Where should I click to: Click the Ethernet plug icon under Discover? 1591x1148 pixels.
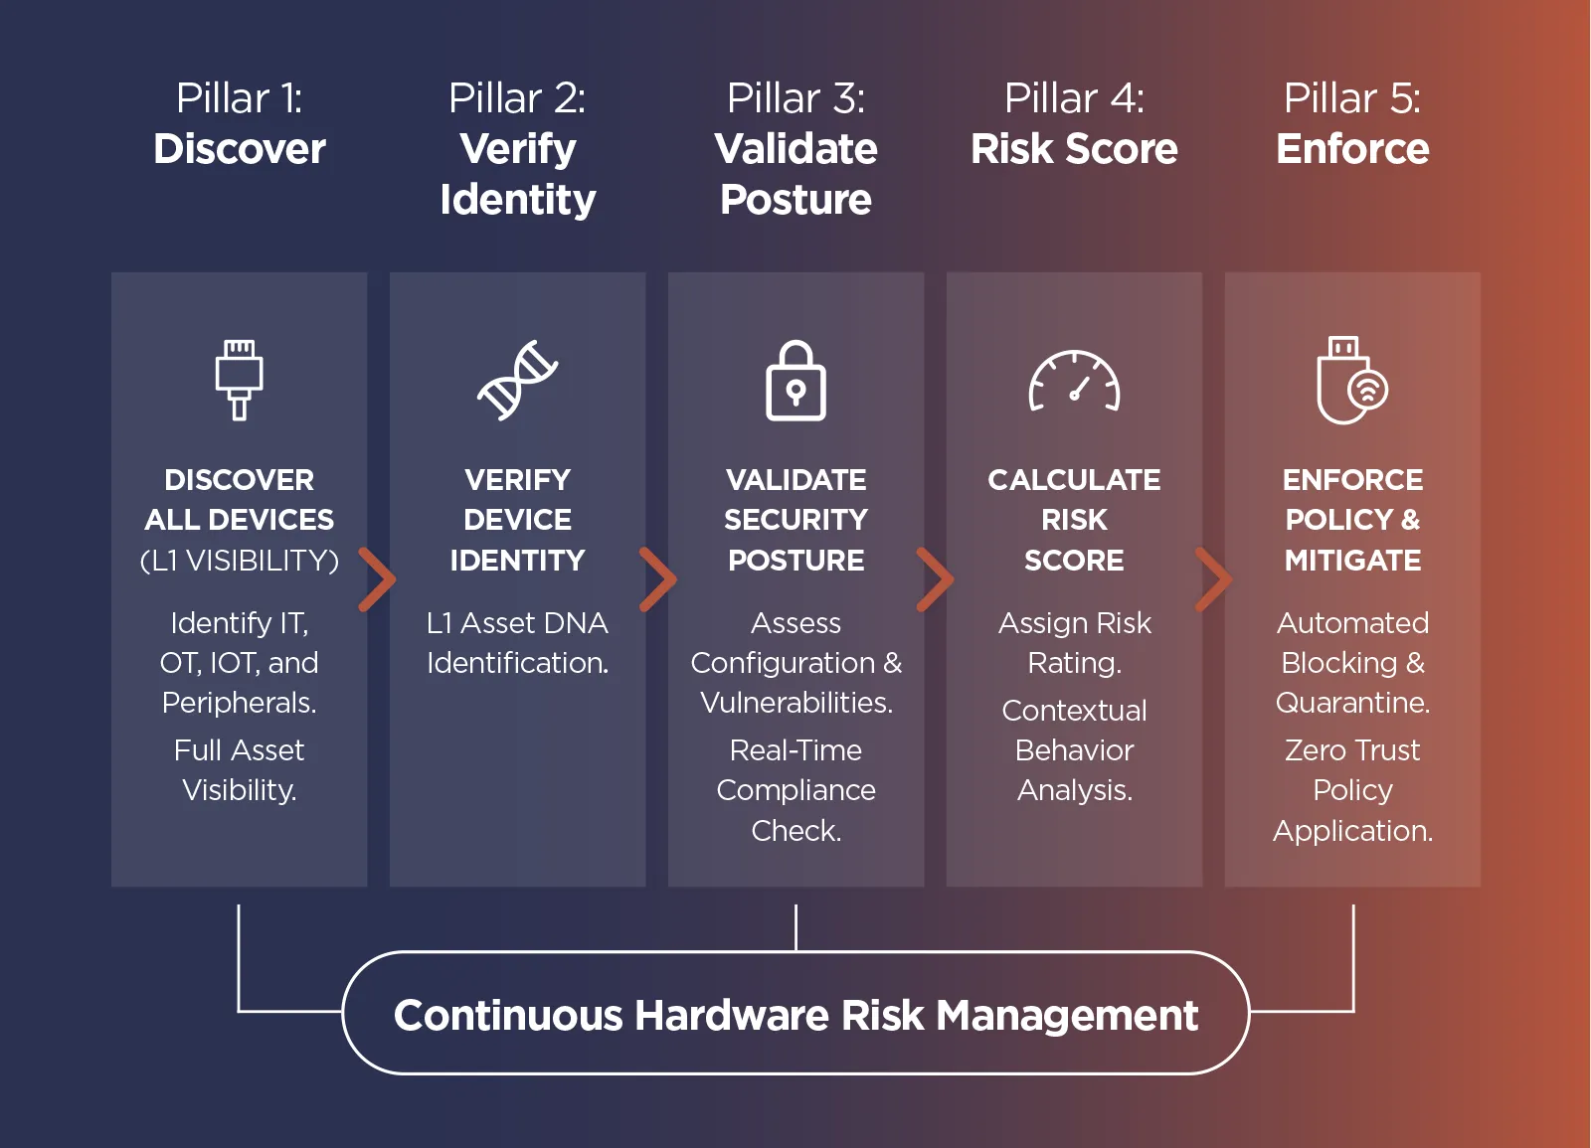tap(239, 379)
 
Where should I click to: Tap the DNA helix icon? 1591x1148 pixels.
tap(517, 380)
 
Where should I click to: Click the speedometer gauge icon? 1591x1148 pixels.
tap(1074, 381)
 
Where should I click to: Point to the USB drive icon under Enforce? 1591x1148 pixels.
tap(1350, 381)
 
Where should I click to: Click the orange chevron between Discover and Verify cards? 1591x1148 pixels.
tap(377, 578)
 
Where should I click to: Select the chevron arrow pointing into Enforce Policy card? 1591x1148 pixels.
tap(1213, 578)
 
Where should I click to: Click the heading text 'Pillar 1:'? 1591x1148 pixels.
tap(239, 98)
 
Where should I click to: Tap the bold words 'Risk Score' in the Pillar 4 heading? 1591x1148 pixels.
tap(1074, 149)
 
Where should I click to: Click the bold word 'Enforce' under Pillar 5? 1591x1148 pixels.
tap(1352, 149)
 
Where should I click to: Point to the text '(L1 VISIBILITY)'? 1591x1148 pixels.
tap(239, 561)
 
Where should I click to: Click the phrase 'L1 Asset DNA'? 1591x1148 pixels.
tap(517, 623)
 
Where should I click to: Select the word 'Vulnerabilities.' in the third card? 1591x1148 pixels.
tap(795, 703)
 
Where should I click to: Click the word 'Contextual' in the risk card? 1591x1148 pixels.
tap(1074, 711)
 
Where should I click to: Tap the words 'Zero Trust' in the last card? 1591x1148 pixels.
tap(1352, 750)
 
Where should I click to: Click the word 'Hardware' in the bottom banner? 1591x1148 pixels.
tap(732, 1016)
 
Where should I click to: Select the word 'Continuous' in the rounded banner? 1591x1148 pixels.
tap(507, 1016)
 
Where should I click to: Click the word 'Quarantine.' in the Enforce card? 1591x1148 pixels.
tap(1352, 703)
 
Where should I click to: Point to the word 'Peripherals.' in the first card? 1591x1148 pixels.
tap(239, 703)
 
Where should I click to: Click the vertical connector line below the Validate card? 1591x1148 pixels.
tap(795, 926)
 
